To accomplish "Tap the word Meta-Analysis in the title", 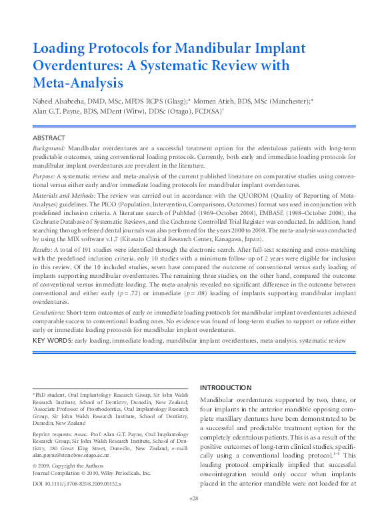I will (x=78, y=83).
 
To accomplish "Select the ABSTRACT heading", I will (x=49, y=138).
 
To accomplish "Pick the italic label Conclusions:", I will (x=49, y=311).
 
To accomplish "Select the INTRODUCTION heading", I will (x=226, y=388).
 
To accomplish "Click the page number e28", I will (x=195, y=516).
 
